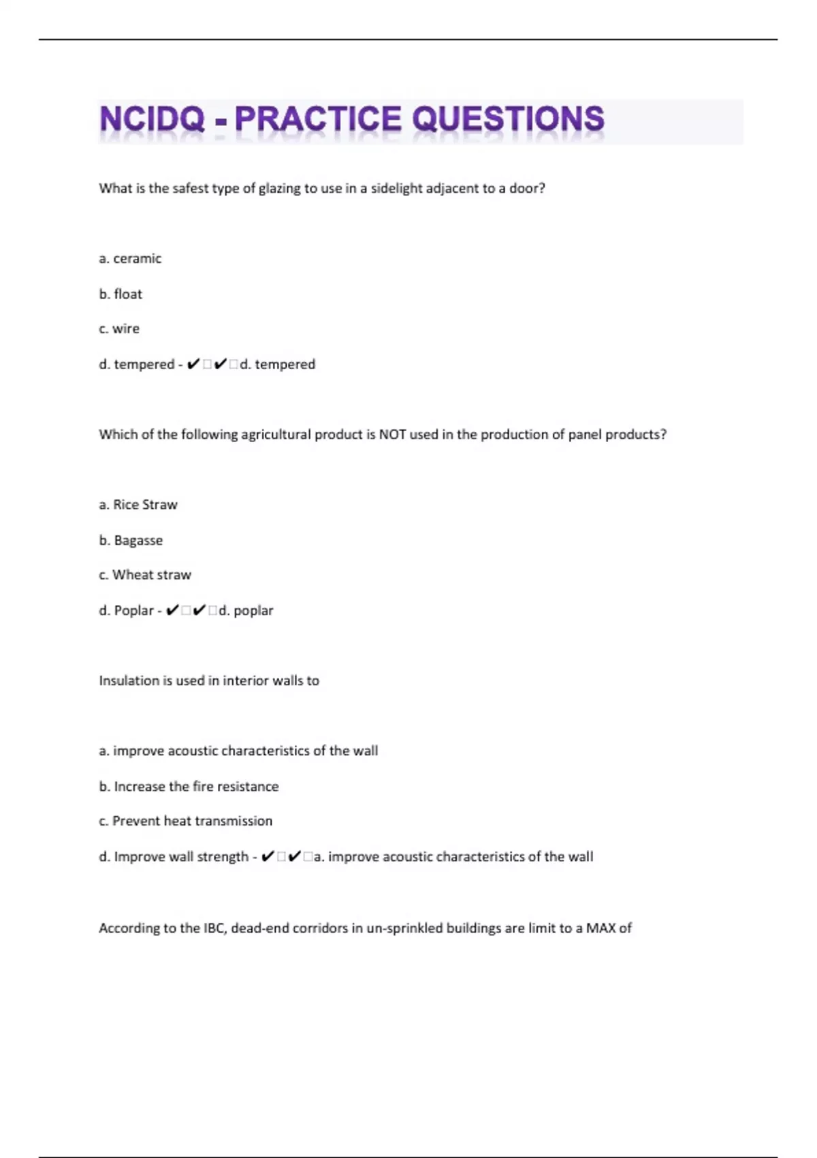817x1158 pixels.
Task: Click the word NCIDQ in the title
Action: tap(152, 120)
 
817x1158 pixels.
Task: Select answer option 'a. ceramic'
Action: tap(130, 259)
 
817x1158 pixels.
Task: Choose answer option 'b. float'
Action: tap(121, 294)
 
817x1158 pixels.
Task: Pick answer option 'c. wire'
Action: tap(119, 329)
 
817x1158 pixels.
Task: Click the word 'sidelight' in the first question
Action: tap(396, 189)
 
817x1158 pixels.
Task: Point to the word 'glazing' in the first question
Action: tap(279, 189)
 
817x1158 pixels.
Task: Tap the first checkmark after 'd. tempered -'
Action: tap(193, 364)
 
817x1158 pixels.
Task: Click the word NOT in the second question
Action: tap(392, 435)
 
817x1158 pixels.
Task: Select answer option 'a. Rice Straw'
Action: tap(138, 505)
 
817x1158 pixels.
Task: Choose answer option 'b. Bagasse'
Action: tap(131, 540)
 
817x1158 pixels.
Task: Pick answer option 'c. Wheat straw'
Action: tap(145, 575)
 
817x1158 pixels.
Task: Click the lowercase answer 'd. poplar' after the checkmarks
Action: tap(246, 611)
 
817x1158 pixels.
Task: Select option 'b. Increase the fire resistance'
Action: tap(189, 787)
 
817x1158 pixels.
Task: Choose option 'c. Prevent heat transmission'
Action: tap(185, 821)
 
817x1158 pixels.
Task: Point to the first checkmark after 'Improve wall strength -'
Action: tap(268, 857)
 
